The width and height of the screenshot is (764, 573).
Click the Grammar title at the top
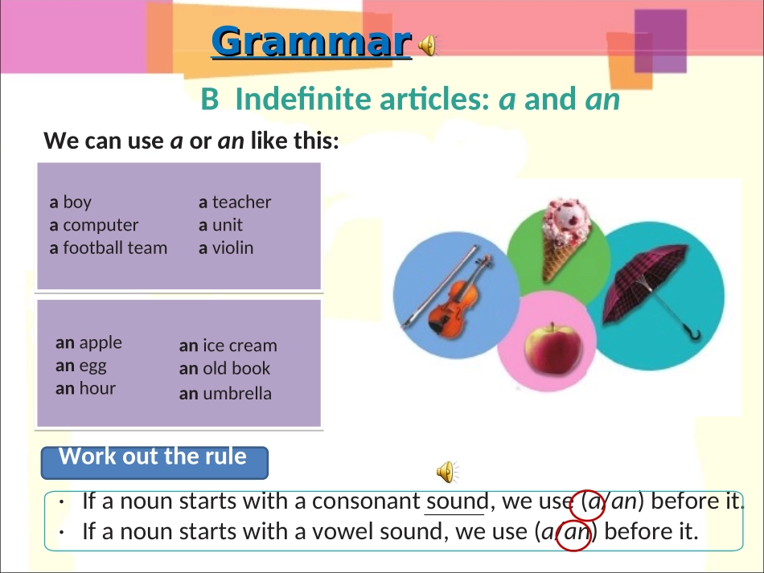point(312,42)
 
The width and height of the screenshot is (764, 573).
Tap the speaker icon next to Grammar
point(428,47)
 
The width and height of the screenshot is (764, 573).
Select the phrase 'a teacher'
point(235,202)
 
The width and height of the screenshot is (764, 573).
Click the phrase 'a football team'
point(109,248)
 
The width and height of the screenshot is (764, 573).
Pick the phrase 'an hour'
point(85,388)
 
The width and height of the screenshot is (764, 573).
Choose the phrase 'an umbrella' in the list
point(225,393)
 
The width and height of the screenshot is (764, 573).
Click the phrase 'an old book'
point(224,368)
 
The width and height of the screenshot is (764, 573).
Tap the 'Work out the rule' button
point(154,458)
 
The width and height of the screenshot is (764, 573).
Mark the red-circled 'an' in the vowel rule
point(575,533)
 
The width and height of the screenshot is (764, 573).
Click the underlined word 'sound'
point(456,501)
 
